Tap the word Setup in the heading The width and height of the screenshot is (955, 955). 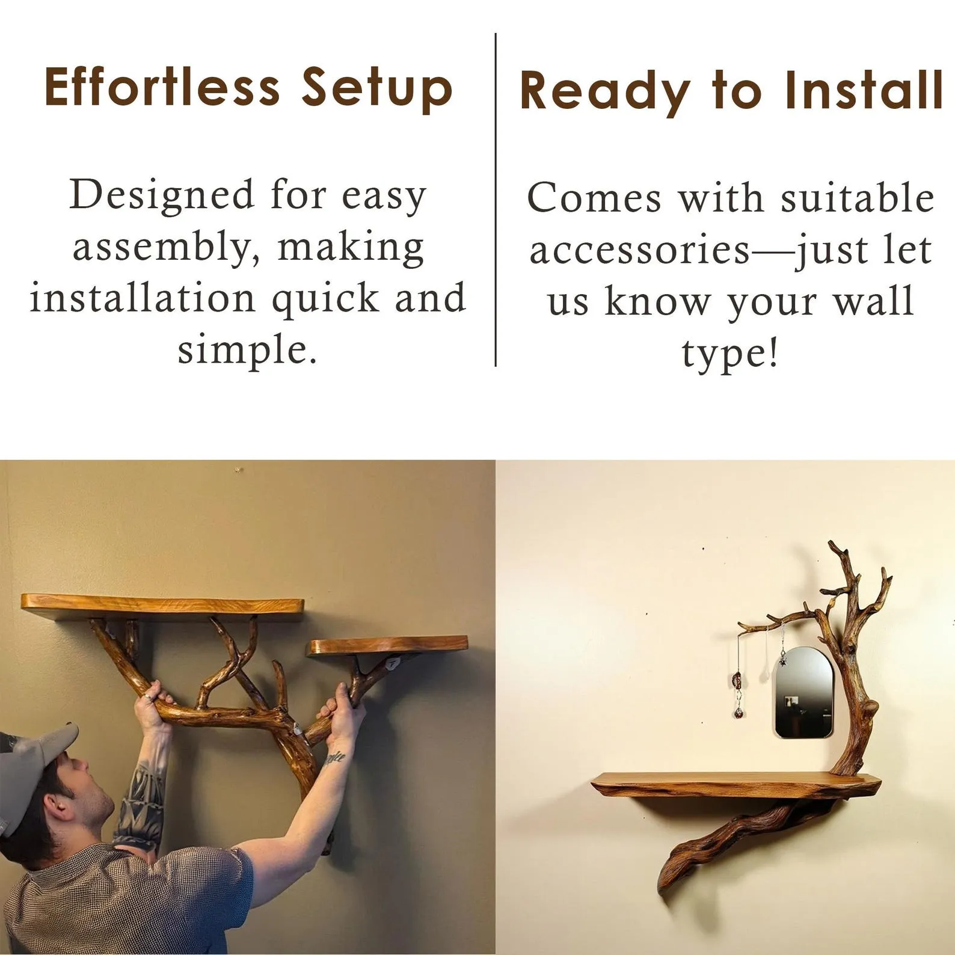pyautogui.click(x=376, y=90)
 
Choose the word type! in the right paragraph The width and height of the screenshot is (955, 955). pyautogui.click(x=730, y=354)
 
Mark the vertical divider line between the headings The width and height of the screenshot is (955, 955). pyautogui.click(x=496, y=200)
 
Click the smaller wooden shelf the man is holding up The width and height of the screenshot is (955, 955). pyautogui.click(x=388, y=646)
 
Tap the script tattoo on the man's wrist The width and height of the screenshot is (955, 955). pyautogui.click(x=334, y=758)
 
